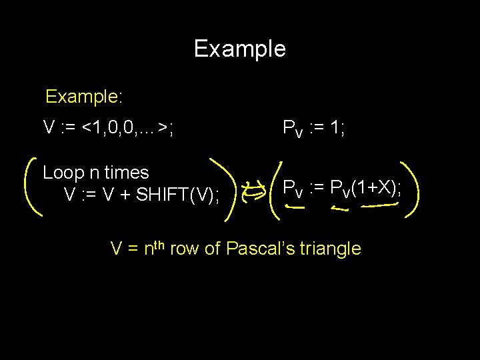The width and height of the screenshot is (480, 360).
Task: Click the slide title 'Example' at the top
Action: (x=239, y=49)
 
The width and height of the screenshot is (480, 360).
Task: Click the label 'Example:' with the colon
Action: (x=84, y=97)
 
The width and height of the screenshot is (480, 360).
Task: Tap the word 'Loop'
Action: (x=62, y=173)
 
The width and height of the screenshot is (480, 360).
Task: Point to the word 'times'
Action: (x=126, y=173)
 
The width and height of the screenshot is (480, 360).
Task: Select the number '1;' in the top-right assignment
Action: (x=336, y=127)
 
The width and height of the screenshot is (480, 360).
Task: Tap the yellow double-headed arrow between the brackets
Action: (x=254, y=193)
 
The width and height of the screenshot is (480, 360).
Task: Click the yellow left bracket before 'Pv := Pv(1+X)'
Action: (x=274, y=189)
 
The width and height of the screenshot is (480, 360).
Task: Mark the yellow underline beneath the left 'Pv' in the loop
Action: (x=293, y=207)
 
